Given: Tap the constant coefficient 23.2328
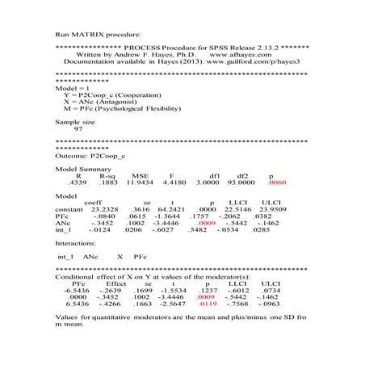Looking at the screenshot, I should pos(103,208).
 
